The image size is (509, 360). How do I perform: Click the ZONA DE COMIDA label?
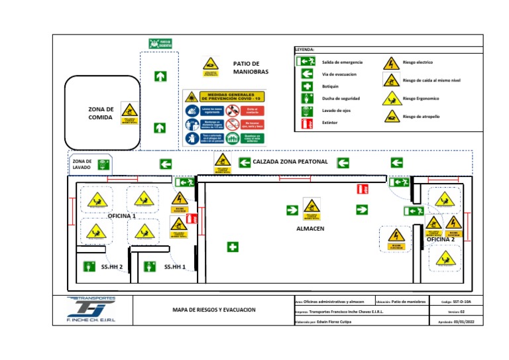[x=101, y=113]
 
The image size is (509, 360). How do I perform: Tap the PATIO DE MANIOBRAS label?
[x=251, y=68]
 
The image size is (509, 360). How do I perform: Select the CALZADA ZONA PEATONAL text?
[x=290, y=162]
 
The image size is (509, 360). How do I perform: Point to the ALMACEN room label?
[x=310, y=228]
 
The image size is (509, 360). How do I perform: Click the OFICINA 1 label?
[x=122, y=216]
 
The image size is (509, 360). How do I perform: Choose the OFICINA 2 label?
[x=441, y=239]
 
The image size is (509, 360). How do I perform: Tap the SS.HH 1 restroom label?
[x=175, y=267]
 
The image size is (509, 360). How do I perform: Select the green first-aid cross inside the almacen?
[x=233, y=247]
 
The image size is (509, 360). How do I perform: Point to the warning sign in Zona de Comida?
[x=130, y=112]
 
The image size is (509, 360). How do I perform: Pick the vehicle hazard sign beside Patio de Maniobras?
[x=209, y=64]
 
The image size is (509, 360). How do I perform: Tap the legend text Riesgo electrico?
[x=418, y=62]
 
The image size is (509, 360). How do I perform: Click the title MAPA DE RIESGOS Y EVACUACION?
[x=213, y=310]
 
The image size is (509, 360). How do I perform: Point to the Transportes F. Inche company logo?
[x=91, y=310]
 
